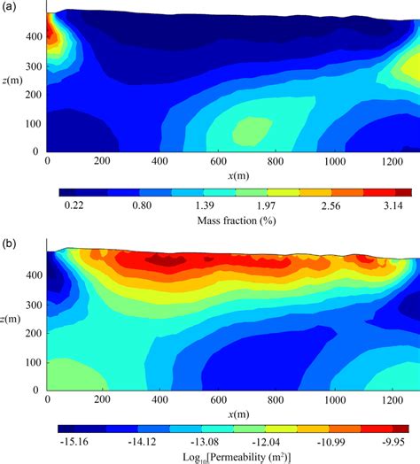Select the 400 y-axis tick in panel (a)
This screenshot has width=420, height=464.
[x=34, y=37]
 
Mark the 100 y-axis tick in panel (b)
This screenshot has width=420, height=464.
[x=34, y=361]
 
